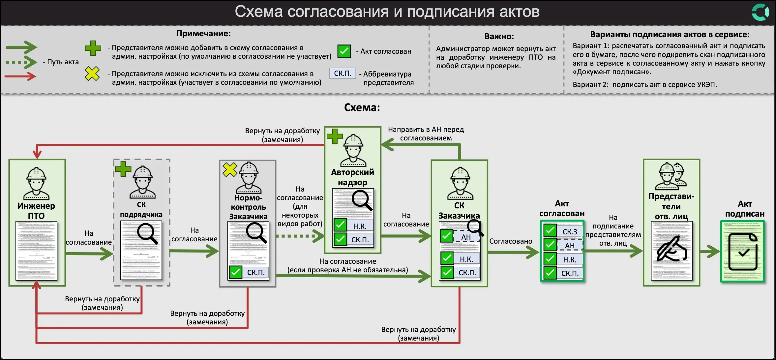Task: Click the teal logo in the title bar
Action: click(760, 12)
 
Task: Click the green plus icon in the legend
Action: click(93, 48)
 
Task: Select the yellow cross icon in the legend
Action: click(92, 74)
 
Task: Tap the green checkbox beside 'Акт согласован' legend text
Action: click(344, 51)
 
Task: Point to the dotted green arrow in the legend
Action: click(21, 62)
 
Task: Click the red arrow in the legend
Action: click(20, 76)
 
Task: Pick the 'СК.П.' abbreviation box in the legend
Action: click(343, 73)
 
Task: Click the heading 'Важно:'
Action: click(499, 36)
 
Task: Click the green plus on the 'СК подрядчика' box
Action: click(123, 169)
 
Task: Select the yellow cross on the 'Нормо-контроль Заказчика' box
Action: click(230, 169)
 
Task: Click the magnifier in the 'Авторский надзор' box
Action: click(362, 200)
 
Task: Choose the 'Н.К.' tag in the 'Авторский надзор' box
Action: click(360, 226)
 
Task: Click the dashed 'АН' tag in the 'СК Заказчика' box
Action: click(466, 237)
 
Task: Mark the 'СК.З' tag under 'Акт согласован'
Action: click(570, 232)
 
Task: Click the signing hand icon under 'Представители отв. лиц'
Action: click(671, 249)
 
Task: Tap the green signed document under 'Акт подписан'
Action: click(742, 252)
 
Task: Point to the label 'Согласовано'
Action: click(510, 241)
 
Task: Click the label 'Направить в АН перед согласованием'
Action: click(426, 134)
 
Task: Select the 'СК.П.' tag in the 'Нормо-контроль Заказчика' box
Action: click(256, 273)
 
